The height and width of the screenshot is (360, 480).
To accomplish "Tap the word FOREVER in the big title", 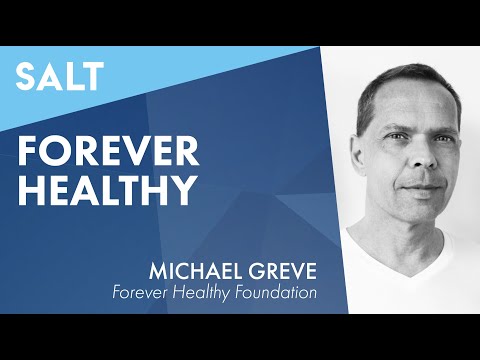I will point(107,151).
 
